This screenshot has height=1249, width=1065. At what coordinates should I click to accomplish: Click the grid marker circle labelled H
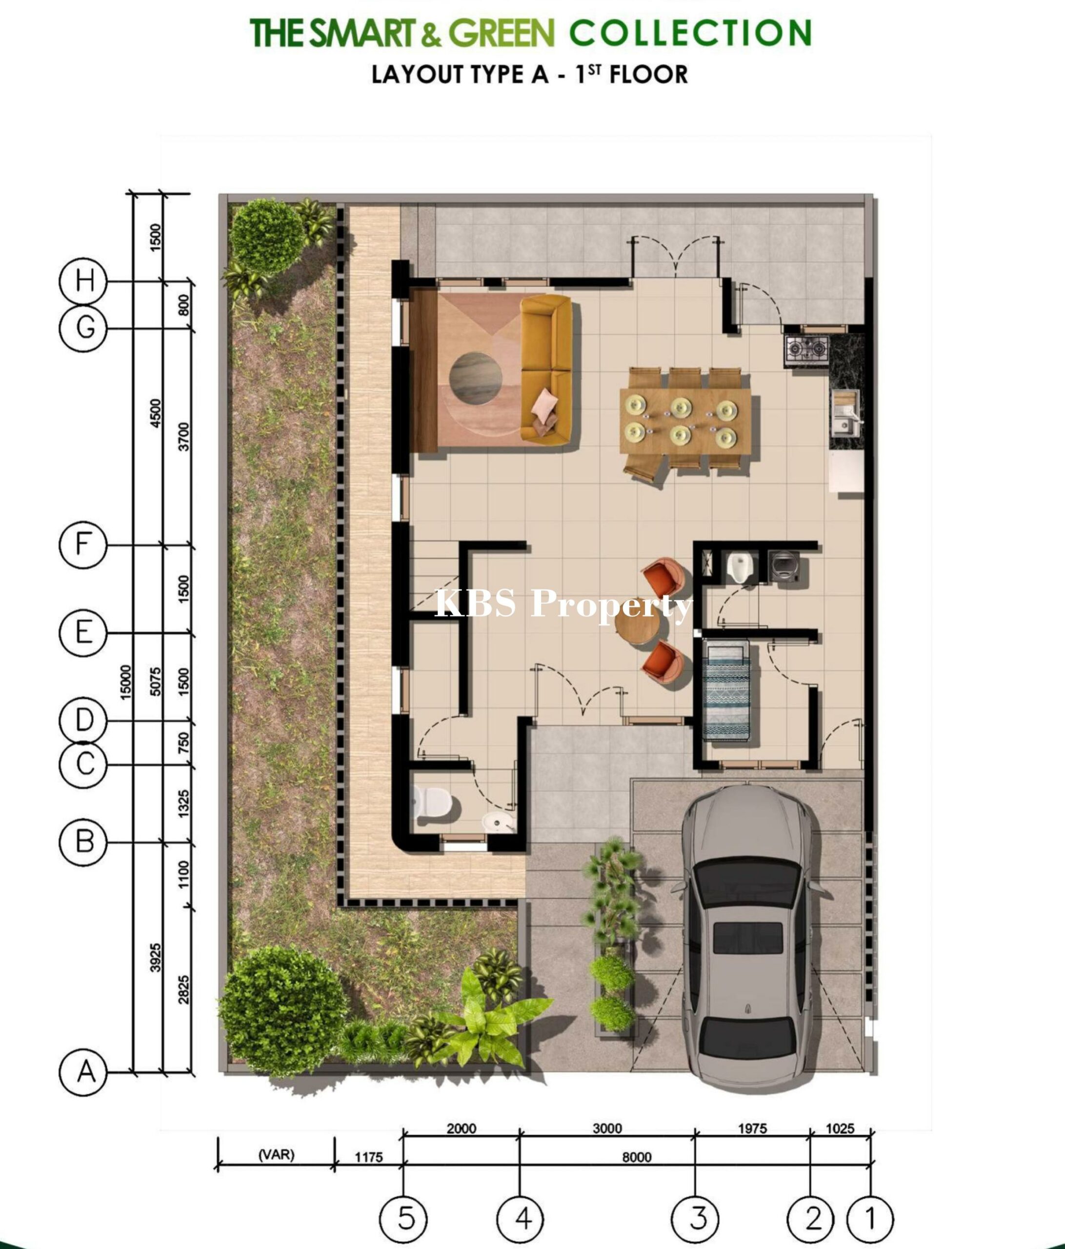(x=83, y=281)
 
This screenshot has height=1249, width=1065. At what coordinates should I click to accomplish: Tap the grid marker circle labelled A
(x=83, y=1072)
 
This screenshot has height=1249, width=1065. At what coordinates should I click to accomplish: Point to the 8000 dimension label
(x=637, y=1156)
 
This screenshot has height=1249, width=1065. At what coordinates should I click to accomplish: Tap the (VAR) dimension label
(x=277, y=1154)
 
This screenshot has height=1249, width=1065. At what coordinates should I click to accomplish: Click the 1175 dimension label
(x=369, y=1157)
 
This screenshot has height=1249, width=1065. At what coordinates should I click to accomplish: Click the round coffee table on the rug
(x=476, y=377)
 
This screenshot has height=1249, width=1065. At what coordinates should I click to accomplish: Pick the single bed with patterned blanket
(x=726, y=690)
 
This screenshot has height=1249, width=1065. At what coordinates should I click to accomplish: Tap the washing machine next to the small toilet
(x=786, y=565)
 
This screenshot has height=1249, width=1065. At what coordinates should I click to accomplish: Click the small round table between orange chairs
(x=638, y=628)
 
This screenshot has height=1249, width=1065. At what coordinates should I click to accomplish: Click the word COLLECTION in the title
(x=690, y=33)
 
